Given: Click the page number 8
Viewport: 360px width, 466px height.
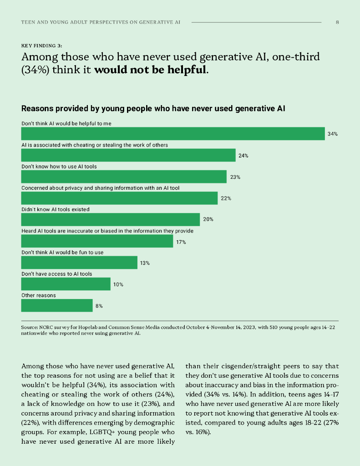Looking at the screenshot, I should [337, 22].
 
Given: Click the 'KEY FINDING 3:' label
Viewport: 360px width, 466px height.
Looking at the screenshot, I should [42, 46].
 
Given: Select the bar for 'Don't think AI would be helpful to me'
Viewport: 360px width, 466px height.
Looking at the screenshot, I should [172, 134].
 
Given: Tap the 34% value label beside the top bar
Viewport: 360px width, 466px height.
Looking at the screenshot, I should [332, 134].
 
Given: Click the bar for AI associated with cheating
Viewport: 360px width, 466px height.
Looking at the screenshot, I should [128, 155].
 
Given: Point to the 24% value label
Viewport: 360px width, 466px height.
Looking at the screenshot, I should [243, 156].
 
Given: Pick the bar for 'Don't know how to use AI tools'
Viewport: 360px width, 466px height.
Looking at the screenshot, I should [124, 177].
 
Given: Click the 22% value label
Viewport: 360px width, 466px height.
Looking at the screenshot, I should [226, 198].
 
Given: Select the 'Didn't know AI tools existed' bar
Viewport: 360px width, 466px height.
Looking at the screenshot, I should [111, 219].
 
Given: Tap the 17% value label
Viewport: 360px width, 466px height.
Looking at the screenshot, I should [181, 242].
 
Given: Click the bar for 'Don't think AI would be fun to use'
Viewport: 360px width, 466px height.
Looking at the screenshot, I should [79, 263].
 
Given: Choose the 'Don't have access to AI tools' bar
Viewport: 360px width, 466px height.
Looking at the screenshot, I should [66, 284].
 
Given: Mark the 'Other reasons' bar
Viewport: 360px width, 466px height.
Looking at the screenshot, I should [57, 305].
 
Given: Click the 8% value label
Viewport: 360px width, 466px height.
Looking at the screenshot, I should [99, 306].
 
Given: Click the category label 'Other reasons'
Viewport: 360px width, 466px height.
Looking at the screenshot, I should [39, 295].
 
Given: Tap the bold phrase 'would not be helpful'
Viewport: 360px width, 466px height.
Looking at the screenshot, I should [150, 71].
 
